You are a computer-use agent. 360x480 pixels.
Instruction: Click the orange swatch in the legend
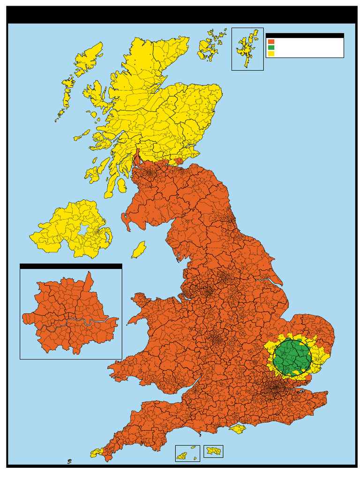point(271,42)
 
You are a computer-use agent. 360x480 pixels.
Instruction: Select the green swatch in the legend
point(271,48)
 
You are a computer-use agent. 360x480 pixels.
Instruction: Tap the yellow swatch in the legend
point(271,54)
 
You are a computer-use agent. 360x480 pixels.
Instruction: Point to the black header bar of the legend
point(305,35)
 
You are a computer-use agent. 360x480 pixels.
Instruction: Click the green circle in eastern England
point(292,357)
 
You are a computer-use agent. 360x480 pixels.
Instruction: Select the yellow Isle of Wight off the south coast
point(238,428)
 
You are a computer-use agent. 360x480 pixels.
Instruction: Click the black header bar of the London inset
point(71,266)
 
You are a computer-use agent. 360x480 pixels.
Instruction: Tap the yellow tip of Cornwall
point(97,452)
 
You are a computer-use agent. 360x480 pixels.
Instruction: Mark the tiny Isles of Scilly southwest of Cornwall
point(69,462)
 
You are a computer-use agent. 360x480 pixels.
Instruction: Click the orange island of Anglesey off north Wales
point(140,299)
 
